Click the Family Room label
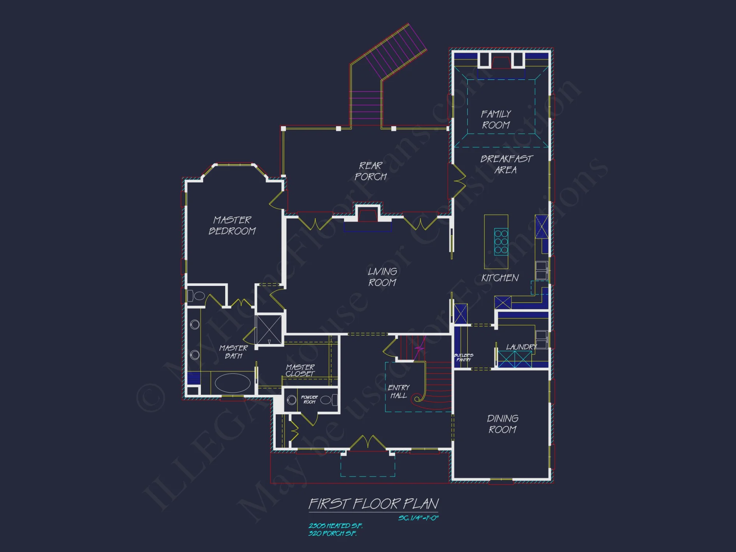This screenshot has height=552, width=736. pos(496,119)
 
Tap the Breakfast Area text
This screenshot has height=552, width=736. pos(506,164)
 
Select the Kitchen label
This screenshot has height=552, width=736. pos(500,278)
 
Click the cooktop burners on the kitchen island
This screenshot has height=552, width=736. pos(501,242)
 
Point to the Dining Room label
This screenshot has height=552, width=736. pos(503,424)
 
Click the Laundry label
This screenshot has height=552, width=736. pos(521,347)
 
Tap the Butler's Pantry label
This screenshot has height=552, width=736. pos(463,357)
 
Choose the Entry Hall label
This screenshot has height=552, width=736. pos(399,392)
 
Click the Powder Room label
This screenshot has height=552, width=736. pos(309,399)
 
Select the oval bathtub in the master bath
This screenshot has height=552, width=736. pos(233,383)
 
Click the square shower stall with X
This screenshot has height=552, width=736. pos(269,330)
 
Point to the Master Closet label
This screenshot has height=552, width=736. pos(300,370)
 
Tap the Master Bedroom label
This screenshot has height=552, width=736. pos(232,225)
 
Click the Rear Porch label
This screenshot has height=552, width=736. pos(371,171)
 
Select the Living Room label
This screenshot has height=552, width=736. pos(382,277)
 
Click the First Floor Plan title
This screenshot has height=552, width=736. pos(374,504)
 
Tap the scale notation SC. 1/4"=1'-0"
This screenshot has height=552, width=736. pos(418,518)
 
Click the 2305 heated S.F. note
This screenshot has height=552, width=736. pos(335,526)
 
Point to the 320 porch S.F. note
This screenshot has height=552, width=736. pos(332,534)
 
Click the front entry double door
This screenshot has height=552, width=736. pos(367,443)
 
